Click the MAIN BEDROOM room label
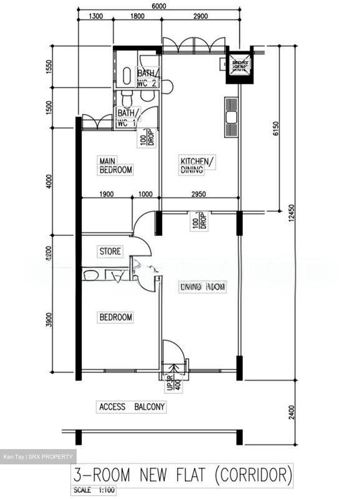[x=115, y=166]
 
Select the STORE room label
[x=110, y=251]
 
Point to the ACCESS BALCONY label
[x=132, y=406]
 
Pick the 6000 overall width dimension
[x=158, y=6]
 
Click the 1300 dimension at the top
[x=96, y=16]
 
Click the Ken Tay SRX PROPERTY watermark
[x=38, y=457]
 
